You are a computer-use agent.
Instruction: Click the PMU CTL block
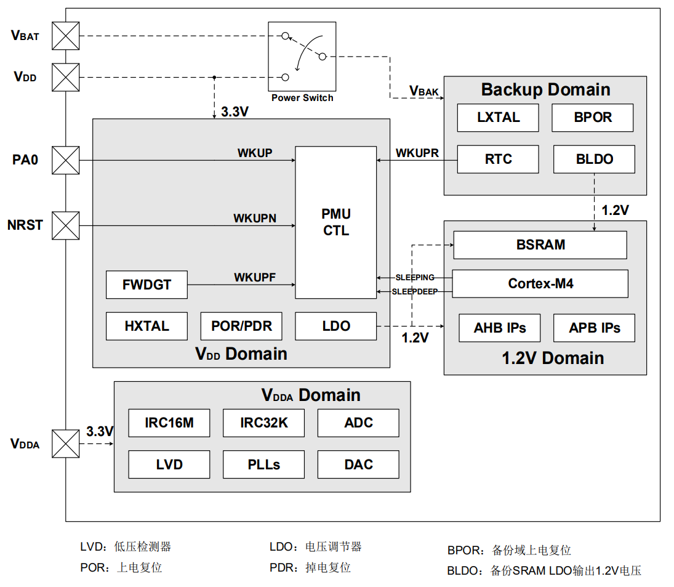tap(335, 222)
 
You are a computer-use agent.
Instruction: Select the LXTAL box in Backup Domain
tap(498, 118)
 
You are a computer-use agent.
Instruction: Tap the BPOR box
tap(592, 118)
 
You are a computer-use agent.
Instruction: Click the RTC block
tap(498, 160)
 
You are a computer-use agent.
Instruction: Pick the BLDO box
tap(594, 160)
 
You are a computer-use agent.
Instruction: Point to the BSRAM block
tap(540, 245)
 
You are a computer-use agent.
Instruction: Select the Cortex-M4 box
tap(540, 284)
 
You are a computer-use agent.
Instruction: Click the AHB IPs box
tap(499, 328)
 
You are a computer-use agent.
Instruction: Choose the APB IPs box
tap(594, 328)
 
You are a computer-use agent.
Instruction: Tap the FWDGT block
tap(146, 285)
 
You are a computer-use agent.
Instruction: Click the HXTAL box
tap(146, 326)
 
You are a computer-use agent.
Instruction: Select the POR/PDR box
tap(241, 326)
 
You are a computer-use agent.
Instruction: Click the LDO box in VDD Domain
tap(335, 326)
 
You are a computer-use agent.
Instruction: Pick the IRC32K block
tap(263, 423)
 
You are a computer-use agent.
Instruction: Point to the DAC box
tap(358, 464)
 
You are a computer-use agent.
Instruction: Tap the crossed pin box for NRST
tap(65, 225)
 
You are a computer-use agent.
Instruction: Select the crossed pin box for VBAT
tap(65, 36)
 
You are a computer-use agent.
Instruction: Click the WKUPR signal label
tap(417, 153)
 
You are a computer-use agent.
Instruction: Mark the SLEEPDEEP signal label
tap(414, 291)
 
